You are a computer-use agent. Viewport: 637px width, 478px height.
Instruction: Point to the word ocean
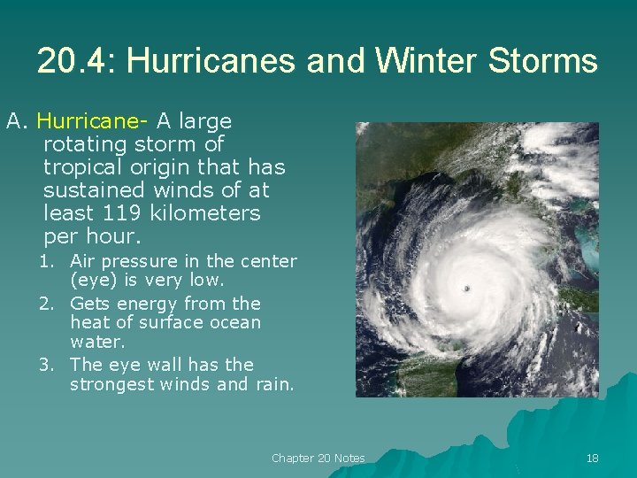(233, 322)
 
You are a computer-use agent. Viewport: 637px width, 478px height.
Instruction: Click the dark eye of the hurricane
(466, 288)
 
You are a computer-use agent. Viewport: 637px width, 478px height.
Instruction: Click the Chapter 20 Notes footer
(318, 458)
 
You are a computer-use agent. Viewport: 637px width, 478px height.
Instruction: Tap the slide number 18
(592, 458)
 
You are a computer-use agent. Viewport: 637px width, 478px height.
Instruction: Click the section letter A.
(12, 121)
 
